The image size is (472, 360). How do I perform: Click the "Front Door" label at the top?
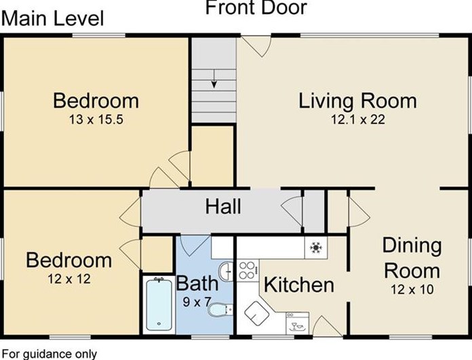coord(256,7)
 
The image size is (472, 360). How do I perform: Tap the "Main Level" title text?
coord(53,19)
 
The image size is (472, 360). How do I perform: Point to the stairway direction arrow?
coord(214,79)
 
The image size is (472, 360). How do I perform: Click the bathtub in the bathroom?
coord(159,304)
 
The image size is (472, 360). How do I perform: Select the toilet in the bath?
coord(220,310)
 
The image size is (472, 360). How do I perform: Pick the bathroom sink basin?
coord(225,272)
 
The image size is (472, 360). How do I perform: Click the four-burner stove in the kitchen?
coord(248,271)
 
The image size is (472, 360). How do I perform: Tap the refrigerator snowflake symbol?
coord(316,247)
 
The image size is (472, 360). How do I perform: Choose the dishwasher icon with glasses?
coord(297,323)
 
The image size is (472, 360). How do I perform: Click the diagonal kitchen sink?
coord(257,313)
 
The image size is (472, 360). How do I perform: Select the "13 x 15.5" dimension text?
coord(96,120)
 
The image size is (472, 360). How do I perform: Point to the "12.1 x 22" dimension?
coord(358,120)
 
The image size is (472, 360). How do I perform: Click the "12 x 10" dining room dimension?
coord(412,289)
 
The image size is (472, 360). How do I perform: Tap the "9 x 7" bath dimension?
coord(197,302)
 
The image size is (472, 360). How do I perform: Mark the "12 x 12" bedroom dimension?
coord(69,279)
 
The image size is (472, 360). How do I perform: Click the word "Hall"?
coord(223,207)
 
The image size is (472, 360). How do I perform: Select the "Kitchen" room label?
coord(299,285)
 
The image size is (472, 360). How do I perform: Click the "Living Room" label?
coord(357,101)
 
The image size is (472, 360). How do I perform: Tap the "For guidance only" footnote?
coord(50,354)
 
